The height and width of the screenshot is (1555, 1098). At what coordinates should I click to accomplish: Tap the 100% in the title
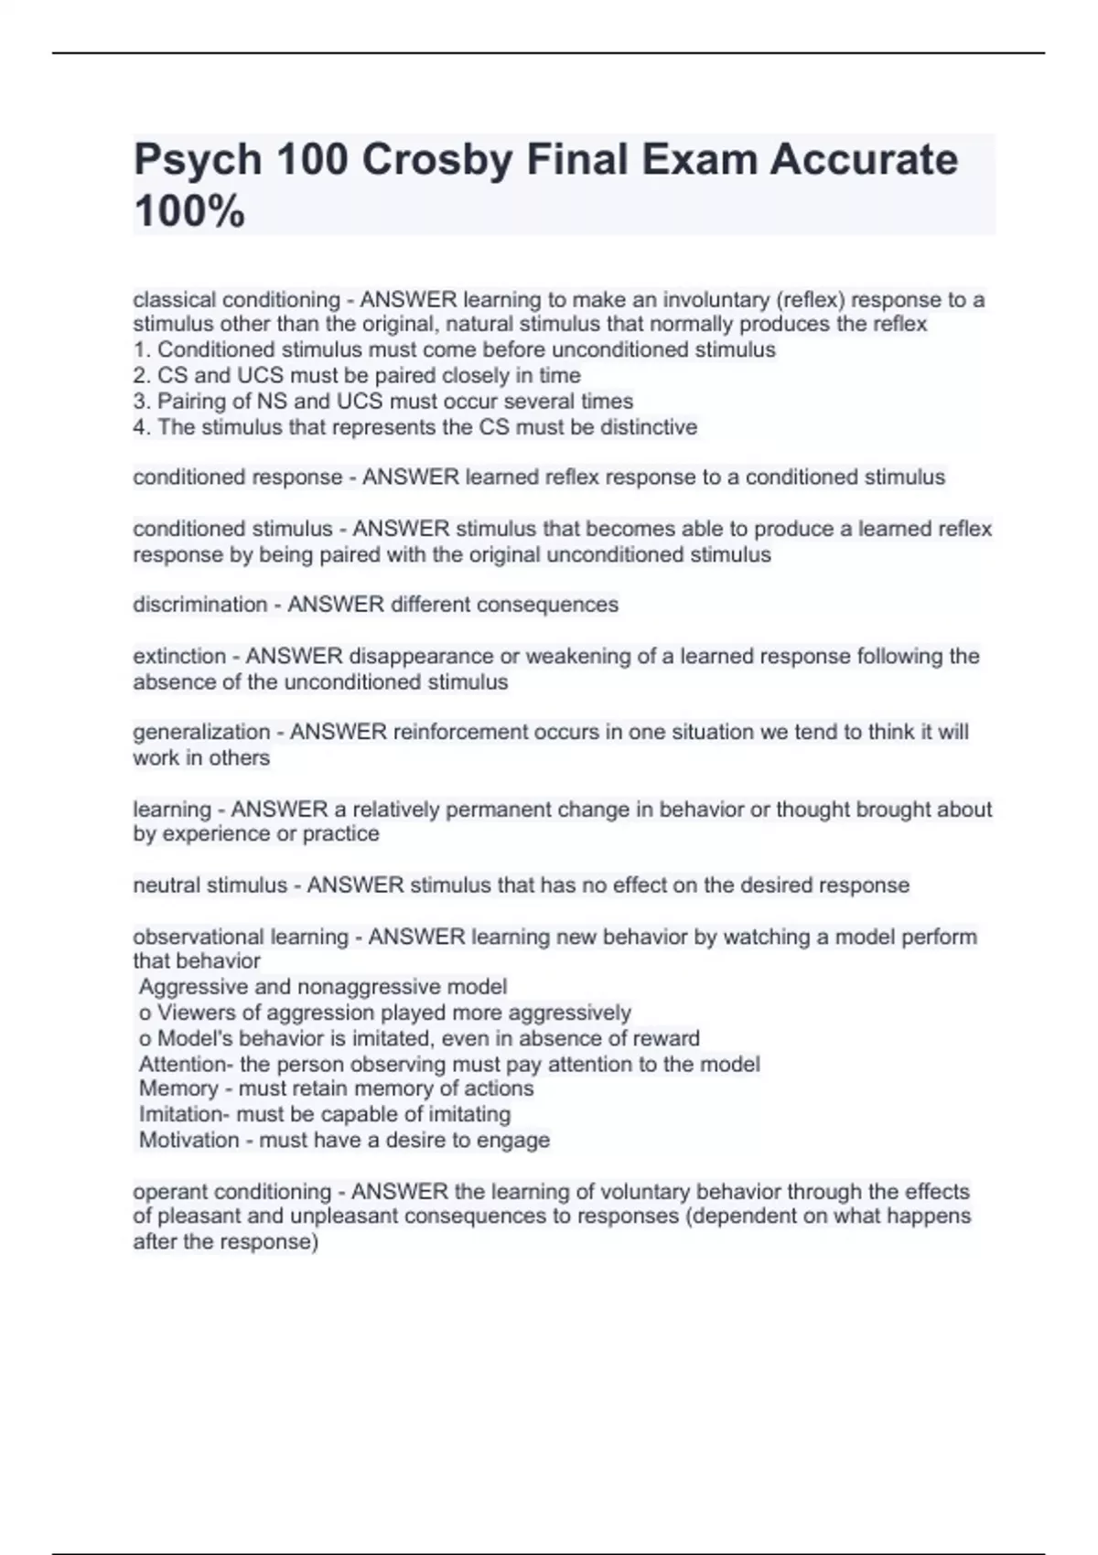tap(189, 212)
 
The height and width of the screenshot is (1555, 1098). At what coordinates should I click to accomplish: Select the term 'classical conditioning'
tap(236, 300)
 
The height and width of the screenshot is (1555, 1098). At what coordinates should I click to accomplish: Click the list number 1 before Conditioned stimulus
tap(140, 350)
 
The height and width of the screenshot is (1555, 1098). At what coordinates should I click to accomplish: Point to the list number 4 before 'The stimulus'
tap(140, 427)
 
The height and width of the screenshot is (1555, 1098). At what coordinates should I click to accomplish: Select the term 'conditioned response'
tap(238, 477)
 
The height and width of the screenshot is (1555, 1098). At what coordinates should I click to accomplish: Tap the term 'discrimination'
tap(199, 605)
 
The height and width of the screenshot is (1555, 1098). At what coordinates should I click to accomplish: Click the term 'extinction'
tap(178, 657)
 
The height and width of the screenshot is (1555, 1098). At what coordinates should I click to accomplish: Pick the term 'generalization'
tap(201, 732)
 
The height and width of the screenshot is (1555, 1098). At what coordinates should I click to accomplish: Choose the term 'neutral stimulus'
tap(210, 885)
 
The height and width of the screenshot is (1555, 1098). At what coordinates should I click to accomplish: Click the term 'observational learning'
tap(241, 937)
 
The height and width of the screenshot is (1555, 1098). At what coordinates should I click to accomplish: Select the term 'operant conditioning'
tap(231, 1192)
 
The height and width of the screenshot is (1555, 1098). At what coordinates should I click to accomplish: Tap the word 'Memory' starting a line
tap(178, 1088)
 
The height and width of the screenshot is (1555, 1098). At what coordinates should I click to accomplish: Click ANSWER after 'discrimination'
tap(335, 605)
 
